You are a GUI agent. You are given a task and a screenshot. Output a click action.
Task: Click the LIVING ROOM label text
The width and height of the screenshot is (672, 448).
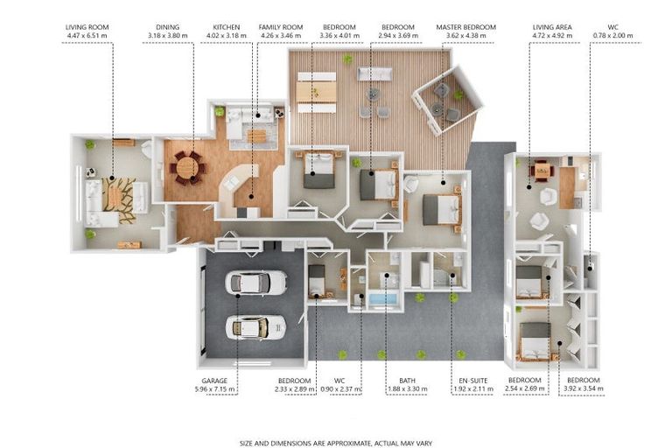[87, 27]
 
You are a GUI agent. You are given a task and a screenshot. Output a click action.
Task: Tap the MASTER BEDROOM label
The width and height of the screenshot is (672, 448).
[465, 27]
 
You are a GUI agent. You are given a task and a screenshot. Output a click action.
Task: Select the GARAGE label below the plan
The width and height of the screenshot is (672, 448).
[214, 381]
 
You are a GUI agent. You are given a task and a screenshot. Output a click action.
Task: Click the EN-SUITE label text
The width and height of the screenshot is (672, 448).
[473, 381]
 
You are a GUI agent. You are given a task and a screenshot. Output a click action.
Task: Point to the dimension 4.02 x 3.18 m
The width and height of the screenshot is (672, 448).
[227, 36]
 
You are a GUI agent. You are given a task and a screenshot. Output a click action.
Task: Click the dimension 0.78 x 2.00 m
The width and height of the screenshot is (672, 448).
[612, 36]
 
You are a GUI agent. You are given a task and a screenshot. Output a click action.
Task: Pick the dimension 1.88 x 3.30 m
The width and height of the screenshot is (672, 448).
[407, 389]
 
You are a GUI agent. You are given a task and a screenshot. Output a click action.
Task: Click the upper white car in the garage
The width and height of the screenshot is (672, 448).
[255, 283]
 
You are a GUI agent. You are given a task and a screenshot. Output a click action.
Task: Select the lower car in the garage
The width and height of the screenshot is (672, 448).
[255, 327]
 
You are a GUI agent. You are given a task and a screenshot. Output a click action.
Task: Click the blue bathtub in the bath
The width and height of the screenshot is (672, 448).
[383, 298]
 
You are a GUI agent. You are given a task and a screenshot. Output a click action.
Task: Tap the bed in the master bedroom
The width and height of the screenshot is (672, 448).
[441, 210]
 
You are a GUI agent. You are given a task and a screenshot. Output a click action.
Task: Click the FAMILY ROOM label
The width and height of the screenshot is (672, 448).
[281, 27]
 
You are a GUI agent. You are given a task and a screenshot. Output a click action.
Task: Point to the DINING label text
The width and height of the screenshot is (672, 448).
[168, 27]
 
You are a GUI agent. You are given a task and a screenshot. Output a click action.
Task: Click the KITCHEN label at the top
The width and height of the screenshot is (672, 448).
[227, 27]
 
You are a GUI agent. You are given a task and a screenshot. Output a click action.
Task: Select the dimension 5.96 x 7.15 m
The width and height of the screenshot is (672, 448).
[214, 389]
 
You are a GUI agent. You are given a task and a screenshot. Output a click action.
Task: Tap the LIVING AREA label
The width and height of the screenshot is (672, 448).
[552, 27]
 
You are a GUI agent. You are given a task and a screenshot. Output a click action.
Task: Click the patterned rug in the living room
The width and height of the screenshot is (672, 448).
[119, 200]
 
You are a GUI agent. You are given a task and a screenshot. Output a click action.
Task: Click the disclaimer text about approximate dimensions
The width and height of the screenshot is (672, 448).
[336, 444]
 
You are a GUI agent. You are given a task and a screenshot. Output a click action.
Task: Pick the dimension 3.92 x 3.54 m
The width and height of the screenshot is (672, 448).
[584, 388]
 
